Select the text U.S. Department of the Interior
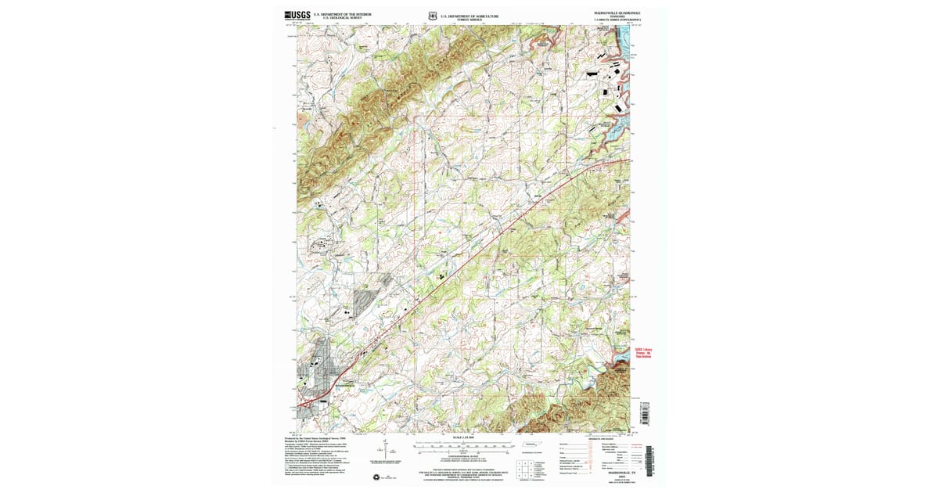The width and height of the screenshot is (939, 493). pos(343,13)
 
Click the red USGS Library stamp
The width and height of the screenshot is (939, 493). pos(642,353)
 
